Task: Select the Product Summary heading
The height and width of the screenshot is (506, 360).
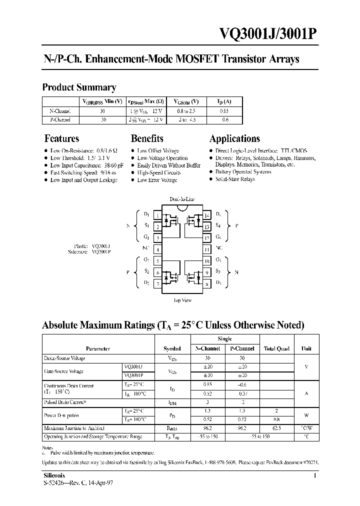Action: point(79,87)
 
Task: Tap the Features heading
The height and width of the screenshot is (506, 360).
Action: point(61,138)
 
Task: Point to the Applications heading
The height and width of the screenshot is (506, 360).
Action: point(234,138)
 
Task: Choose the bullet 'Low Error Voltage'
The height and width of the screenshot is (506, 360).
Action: point(157,180)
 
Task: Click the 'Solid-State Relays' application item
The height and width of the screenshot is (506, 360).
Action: point(235,179)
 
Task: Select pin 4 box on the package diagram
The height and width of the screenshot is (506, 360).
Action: point(158,249)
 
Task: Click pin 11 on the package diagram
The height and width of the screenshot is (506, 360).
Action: point(206,249)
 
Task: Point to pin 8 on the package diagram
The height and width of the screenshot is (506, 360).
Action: point(206,284)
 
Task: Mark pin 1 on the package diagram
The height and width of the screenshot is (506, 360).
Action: point(158,215)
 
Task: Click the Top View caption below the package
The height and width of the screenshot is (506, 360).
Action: point(182,300)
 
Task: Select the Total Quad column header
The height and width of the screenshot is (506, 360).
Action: point(276,348)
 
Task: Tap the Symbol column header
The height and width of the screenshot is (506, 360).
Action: point(172,348)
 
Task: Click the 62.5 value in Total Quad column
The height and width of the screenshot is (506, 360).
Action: point(276,428)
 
